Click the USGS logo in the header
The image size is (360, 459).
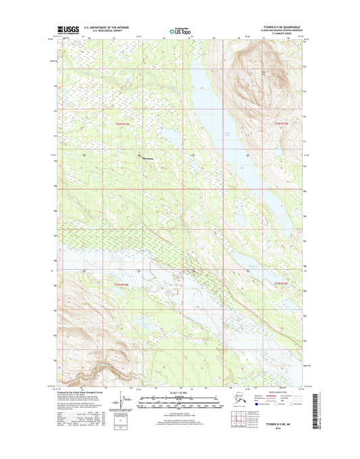click(67, 30)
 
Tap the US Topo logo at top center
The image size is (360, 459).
click(180, 30)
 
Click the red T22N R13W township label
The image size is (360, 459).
click(122, 123)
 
